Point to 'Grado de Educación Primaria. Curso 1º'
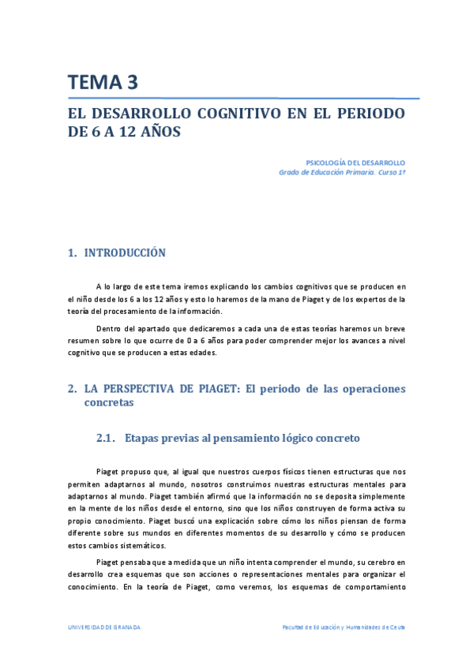pos(342,171)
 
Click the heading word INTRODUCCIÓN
pos(125,253)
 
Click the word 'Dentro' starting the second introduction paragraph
pos(108,327)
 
